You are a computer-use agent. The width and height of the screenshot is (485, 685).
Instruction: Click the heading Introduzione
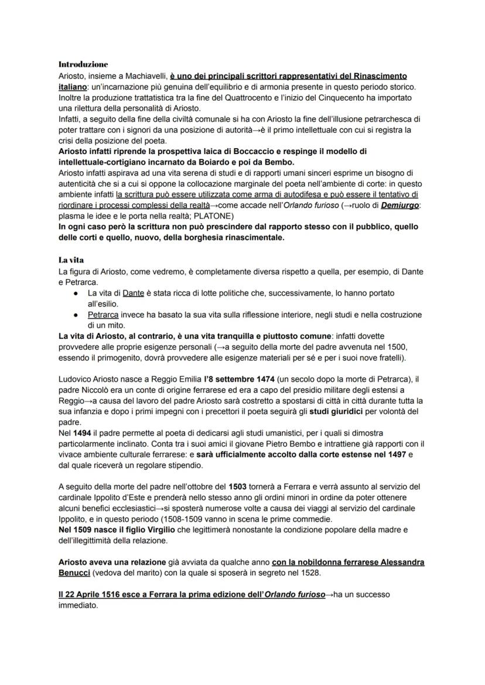[83, 64]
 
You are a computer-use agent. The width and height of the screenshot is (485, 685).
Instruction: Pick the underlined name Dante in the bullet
[133, 292]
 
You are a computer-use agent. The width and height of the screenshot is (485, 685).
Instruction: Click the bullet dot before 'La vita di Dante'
[76, 292]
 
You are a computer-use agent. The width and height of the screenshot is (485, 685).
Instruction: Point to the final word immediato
[78, 605]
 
